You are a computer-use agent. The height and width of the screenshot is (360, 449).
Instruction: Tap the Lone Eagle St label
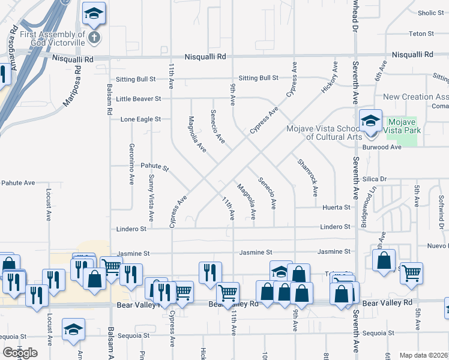point(140,119)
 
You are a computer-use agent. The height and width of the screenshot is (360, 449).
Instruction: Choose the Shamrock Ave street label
point(307,177)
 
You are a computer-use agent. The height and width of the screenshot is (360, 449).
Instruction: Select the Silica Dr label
point(391,179)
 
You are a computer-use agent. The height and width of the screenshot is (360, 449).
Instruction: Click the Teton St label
point(421,33)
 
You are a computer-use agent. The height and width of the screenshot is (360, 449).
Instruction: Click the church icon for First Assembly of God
point(94,38)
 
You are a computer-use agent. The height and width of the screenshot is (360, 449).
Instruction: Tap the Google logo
point(20,352)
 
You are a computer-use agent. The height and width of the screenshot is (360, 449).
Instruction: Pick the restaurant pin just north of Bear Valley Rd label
point(210,272)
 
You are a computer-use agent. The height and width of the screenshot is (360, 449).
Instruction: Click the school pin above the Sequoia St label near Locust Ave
point(73,329)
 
